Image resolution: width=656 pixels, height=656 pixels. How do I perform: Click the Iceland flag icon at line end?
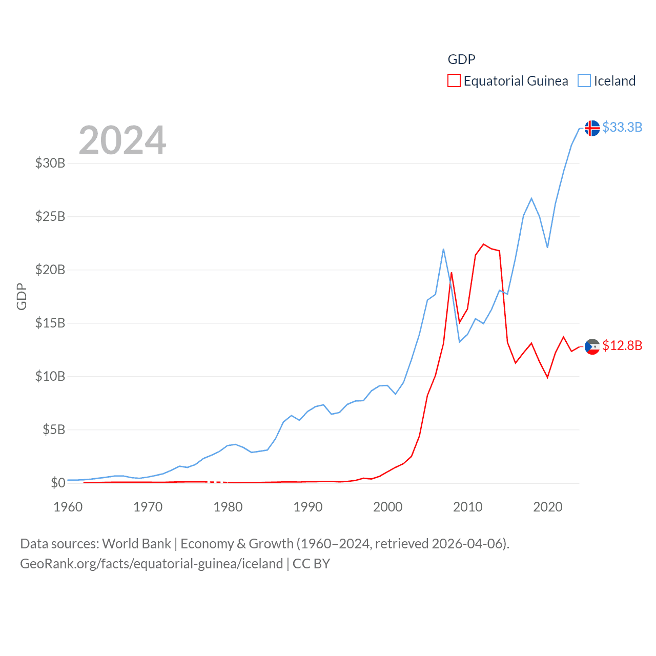point(592,128)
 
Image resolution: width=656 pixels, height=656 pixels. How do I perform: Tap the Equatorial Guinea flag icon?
point(592,346)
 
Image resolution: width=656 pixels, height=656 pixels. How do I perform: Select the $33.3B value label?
point(622,127)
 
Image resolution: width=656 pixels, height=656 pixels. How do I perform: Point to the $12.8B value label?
point(622,345)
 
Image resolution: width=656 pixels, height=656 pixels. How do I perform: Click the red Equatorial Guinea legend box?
point(454,81)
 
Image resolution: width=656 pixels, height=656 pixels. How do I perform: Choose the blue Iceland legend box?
point(584,81)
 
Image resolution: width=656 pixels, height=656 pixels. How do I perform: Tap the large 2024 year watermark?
point(122,140)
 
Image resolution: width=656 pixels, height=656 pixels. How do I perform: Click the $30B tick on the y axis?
point(50,163)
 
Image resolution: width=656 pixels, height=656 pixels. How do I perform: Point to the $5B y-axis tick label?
point(54,429)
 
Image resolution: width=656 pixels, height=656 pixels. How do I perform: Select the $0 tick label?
point(58,483)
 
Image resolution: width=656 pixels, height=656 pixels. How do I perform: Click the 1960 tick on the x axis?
point(68,507)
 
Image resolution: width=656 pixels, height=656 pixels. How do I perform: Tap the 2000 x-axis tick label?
point(388,507)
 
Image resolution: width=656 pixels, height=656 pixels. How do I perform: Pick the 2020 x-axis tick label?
point(548,507)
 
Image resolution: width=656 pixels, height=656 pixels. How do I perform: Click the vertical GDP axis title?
point(22,296)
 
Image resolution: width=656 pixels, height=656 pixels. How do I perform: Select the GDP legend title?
point(461,59)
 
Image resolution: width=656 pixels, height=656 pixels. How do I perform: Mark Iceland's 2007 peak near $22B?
point(443,249)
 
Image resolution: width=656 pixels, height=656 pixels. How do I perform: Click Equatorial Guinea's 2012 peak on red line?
point(483,244)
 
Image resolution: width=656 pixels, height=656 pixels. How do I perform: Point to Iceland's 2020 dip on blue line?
point(547,248)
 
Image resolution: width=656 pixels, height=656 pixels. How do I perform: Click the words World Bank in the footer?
point(136,543)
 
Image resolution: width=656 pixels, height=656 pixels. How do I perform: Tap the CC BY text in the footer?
point(311,564)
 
